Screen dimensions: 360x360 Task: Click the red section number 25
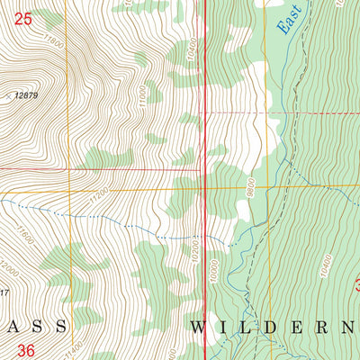click(24, 17)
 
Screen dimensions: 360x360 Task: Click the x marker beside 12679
click(9, 94)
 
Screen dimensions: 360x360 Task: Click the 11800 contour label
click(53, 42)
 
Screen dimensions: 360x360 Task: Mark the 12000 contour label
click(8, 269)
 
